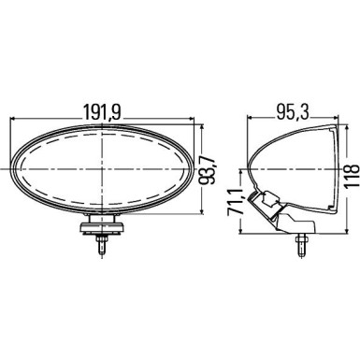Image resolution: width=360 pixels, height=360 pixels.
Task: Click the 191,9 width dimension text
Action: (x=104, y=110)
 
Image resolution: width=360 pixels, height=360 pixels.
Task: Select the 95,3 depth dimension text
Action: (x=292, y=110)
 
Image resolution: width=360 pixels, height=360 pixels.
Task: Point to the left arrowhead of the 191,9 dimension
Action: (x=14, y=121)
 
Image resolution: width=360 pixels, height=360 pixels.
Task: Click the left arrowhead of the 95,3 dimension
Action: (x=249, y=121)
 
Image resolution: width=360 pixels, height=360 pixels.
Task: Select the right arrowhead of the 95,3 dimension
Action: (x=332, y=121)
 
